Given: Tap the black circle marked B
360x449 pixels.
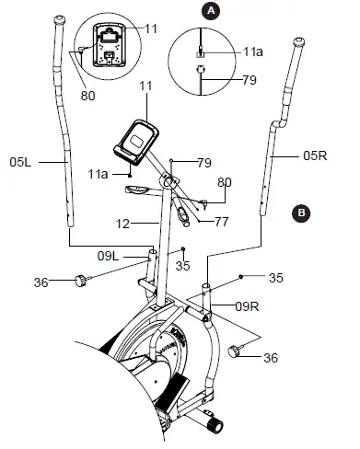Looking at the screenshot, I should click(x=299, y=213).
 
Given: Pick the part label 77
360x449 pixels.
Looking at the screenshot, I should click(x=220, y=222).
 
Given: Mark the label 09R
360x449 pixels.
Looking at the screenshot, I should click(x=246, y=305).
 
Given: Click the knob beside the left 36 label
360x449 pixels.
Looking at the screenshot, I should click(x=81, y=280).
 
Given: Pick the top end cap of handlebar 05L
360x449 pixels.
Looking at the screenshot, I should click(x=59, y=19).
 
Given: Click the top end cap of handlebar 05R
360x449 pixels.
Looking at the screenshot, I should click(x=298, y=42).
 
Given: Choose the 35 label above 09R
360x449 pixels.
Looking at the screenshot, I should click(x=274, y=275).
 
